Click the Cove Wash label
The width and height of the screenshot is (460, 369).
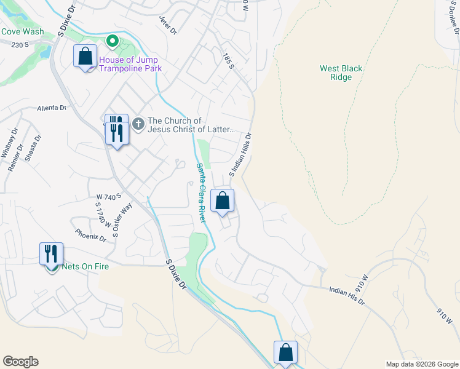[x=22, y=31]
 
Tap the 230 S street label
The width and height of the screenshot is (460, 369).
[x=20, y=44]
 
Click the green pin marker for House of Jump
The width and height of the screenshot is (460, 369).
[x=113, y=42]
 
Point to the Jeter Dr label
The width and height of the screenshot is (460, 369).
[x=168, y=25]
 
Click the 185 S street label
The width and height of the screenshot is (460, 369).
[x=229, y=61]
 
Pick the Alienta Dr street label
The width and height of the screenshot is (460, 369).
[x=52, y=107]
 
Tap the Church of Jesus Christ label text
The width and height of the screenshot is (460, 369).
[x=191, y=125]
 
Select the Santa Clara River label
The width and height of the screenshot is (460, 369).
[x=200, y=192]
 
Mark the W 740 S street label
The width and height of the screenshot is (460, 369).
[x=106, y=197]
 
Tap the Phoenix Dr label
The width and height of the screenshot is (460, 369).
[x=91, y=236]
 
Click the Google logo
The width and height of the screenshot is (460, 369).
[x=20, y=362]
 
